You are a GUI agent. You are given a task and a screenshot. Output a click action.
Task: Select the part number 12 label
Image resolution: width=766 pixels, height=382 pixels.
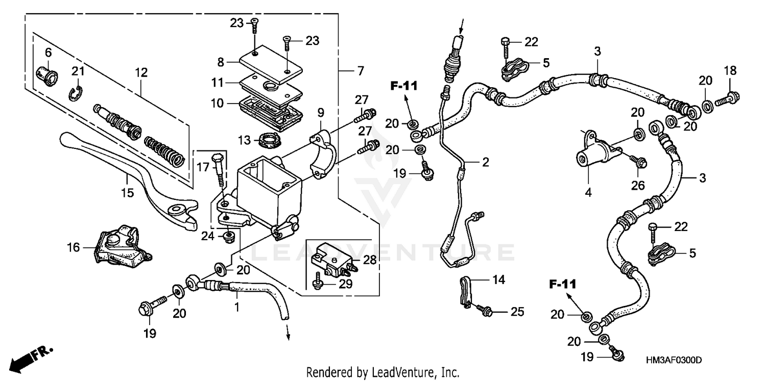coord(141,73)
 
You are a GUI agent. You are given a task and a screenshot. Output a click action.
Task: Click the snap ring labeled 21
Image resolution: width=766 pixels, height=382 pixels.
coord(76,93)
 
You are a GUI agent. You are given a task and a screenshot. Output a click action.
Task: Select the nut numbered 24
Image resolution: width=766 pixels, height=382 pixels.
coord(229,236)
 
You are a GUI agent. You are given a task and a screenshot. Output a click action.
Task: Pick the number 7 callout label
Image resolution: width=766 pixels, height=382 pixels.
coord(361,71)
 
